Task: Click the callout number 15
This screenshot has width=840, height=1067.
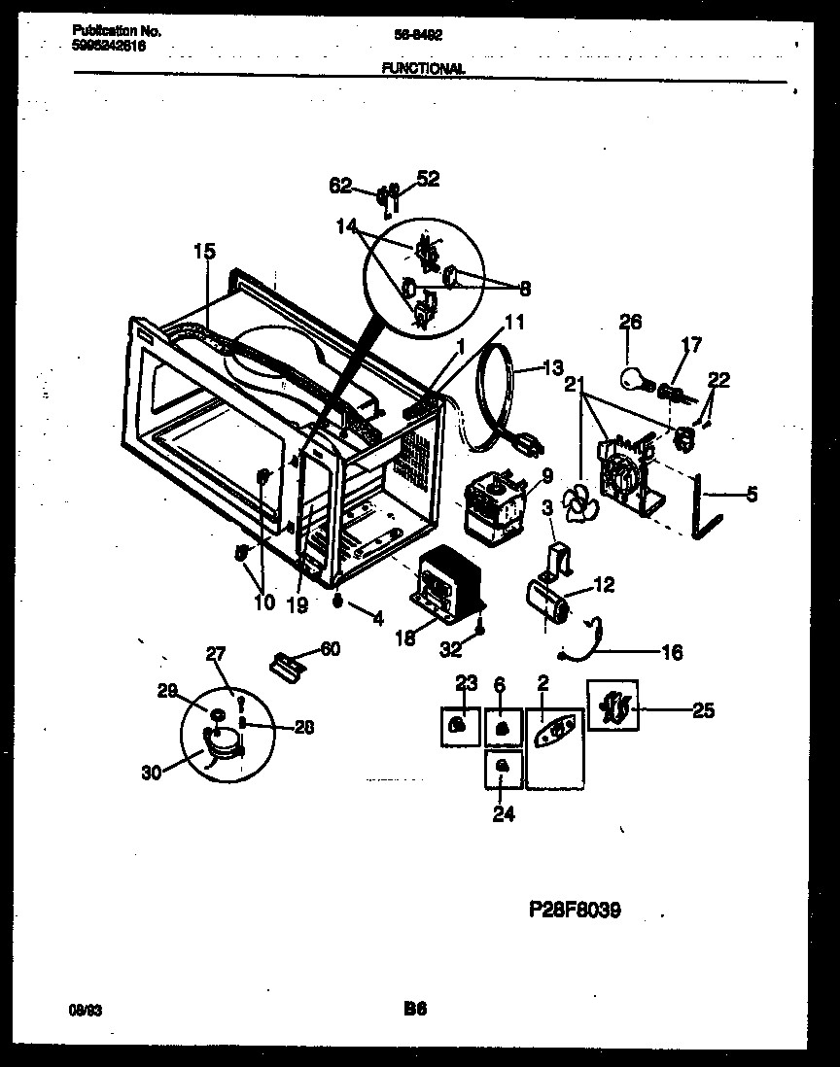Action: click(203, 251)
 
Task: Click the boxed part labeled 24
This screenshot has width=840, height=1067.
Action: click(503, 768)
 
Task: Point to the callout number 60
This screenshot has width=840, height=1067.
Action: click(331, 650)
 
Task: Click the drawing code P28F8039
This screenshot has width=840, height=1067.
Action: click(575, 910)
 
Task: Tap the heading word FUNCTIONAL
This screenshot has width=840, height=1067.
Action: click(423, 69)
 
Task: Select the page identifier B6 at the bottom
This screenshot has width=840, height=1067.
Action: click(416, 1010)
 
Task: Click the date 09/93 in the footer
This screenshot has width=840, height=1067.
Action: click(87, 1011)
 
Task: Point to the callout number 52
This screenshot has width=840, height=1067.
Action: click(428, 178)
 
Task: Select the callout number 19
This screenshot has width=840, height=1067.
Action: click(297, 603)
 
